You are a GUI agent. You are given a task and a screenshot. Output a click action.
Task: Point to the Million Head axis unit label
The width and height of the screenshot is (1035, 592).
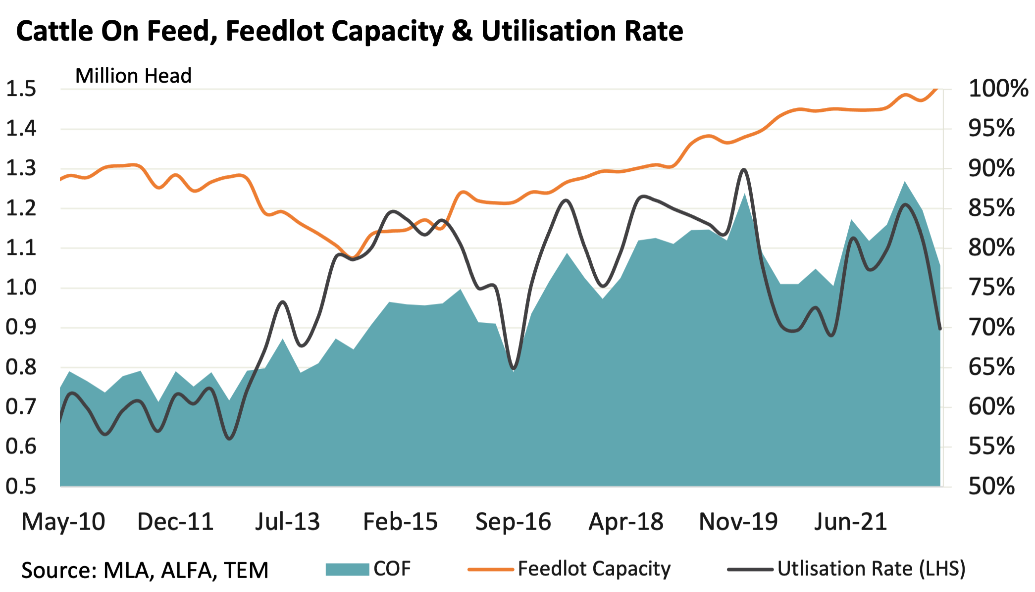point(133,76)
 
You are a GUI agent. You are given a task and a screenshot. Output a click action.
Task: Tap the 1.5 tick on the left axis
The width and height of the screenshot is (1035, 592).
point(21,89)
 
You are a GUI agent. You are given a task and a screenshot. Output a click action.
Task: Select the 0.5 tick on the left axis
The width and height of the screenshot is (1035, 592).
point(21,487)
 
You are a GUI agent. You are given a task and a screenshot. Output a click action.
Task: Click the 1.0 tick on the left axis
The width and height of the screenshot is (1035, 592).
point(21,288)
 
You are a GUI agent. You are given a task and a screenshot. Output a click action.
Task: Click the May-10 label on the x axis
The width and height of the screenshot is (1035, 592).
point(63,522)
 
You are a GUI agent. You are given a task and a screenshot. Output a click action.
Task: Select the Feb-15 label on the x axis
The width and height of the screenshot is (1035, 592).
point(400,522)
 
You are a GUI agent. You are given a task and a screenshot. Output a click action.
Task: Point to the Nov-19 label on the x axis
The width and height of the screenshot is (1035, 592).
point(738,522)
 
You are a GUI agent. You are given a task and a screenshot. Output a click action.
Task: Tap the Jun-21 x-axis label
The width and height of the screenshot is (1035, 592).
point(850,522)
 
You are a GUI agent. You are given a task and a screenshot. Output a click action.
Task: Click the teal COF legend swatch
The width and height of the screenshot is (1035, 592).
point(347,569)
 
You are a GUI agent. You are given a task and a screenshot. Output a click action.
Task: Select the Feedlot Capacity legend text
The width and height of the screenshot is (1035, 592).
point(594,569)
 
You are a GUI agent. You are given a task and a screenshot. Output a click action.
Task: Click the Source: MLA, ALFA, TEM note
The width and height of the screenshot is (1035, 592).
point(145,570)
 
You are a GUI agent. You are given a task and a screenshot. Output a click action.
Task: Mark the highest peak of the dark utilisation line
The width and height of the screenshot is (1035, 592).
point(743,170)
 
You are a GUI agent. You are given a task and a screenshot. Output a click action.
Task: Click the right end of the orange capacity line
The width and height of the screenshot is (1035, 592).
point(936,89)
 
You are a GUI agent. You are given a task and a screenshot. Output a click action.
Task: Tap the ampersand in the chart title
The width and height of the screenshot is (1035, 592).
point(462,31)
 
